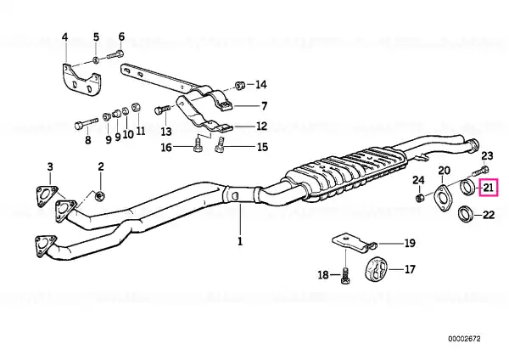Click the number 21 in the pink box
pyautogui.click(x=489, y=188)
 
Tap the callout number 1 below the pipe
pyautogui.click(x=240, y=241)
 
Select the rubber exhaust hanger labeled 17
pyautogui.click(x=376, y=268)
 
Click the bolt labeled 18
pyautogui.click(x=346, y=276)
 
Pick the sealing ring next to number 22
pyautogui.click(x=466, y=215)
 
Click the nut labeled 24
pyautogui.click(x=420, y=197)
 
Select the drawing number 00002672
pyautogui.click(x=464, y=339)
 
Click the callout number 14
pyautogui.click(x=261, y=85)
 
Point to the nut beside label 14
pyautogui.click(x=240, y=85)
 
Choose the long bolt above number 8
pyautogui.click(x=86, y=125)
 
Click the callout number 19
pyautogui.click(x=410, y=243)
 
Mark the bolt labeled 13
pyautogui.click(x=162, y=110)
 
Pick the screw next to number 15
pyautogui.click(x=220, y=145)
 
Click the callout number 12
pyautogui.click(x=261, y=126)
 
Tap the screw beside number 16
pyautogui.click(x=198, y=145)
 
